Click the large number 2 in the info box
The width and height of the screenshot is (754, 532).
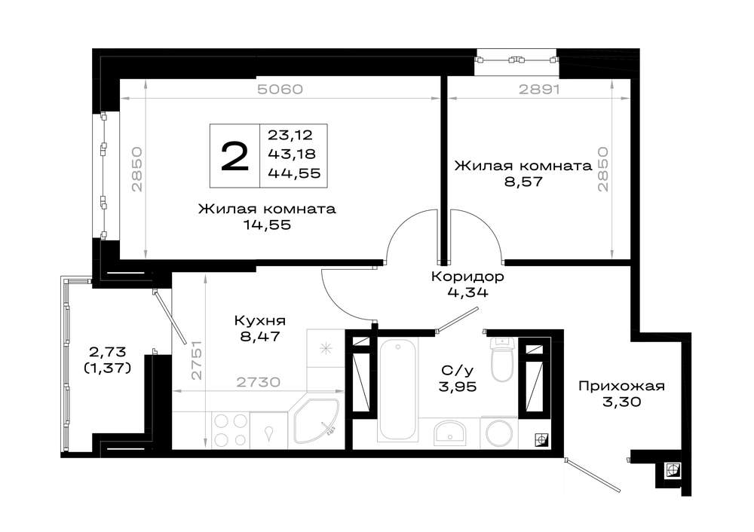[x=234, y=156]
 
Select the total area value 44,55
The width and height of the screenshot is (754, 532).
[x=294, y=173]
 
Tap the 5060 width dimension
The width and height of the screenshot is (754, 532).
[x=280, y=90]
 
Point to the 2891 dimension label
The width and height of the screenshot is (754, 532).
[x=539, y=90]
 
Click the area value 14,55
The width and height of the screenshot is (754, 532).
[x=268, y=225]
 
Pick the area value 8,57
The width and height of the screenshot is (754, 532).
[x=523, y=182]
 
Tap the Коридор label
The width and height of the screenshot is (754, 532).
[x=467, y=277]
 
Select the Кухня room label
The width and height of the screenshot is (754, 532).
[x=259, y=320]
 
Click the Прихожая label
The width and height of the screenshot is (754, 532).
[x=621, y=386]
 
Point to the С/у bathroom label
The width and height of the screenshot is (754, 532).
[x=458, y=371]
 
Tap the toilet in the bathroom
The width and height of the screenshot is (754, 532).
[x=502, y=359]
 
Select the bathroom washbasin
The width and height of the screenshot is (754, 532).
[x=449, y=433]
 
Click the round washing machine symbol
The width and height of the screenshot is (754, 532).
[x=500, y=433]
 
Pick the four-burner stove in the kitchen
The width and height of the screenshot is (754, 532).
[x=230, y=430]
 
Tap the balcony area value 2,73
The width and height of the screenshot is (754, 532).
[x=107, y=353]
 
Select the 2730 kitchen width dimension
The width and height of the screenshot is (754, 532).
[x=258, y=383]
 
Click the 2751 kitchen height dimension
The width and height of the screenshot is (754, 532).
[x=197, y=360]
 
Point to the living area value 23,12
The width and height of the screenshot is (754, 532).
[x=290, y=135]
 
